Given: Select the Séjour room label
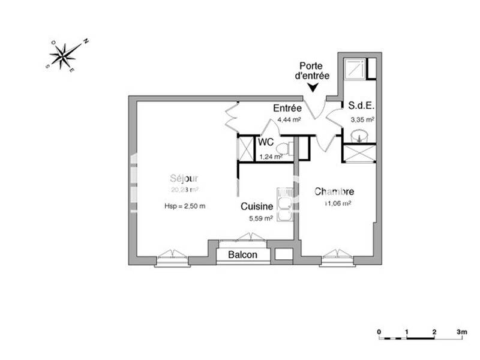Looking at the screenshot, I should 184,178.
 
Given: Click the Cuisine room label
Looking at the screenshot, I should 257,206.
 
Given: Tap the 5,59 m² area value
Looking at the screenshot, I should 261,218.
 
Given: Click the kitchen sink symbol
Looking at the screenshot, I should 284,206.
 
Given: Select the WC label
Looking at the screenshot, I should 266,143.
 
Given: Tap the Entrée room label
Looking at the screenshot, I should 287,109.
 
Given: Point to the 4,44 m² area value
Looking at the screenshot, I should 289,119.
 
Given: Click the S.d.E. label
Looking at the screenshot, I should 361,106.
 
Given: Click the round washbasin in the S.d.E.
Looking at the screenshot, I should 361,134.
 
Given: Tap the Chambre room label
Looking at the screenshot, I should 334,192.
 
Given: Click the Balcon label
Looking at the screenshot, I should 243,255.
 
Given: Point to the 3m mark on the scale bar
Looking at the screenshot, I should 461,331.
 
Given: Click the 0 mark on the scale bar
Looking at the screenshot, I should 379,331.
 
